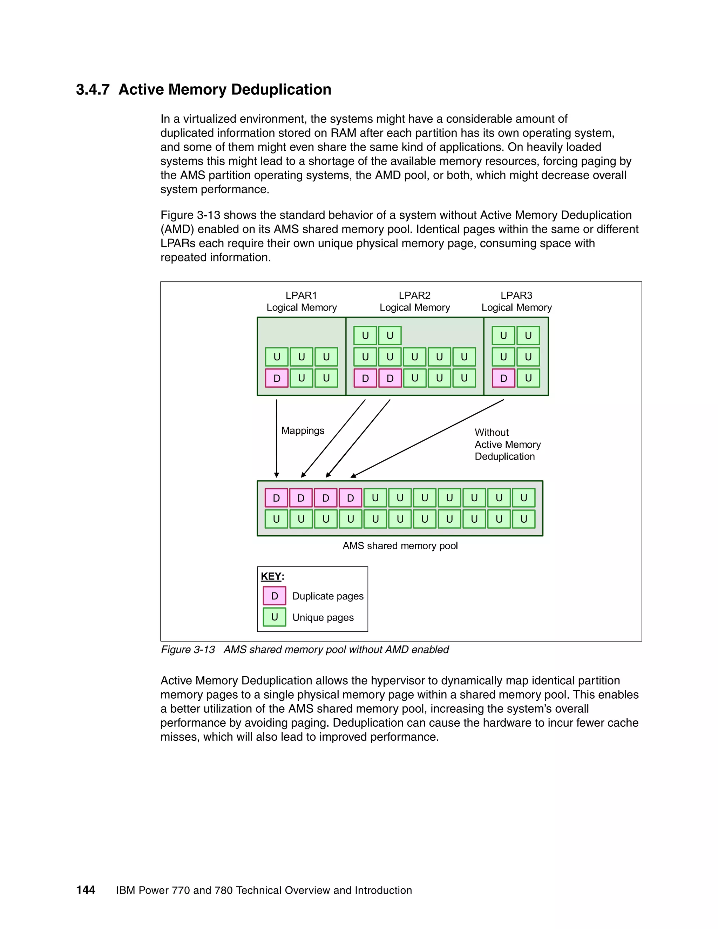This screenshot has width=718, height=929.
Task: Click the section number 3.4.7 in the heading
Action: click(93, 90)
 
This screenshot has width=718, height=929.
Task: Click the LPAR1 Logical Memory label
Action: click(301, 301)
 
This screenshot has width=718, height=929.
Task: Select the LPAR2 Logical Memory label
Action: click(414, 301)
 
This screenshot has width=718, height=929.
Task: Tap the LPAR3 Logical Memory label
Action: click(516, 301)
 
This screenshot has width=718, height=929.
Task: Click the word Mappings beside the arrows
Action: click(303, 430)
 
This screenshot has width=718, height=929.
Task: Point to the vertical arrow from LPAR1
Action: click(277, 438)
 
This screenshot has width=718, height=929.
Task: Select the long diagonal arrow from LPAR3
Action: click(427, 439)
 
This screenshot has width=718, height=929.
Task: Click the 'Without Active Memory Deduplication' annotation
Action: click(507, 445)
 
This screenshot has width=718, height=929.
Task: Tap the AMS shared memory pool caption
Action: click(400, 546)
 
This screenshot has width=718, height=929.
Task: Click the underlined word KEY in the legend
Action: click(271, 576)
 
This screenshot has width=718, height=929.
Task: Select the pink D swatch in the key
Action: click(275, 596)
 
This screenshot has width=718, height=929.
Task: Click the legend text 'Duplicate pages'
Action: click(327, 596)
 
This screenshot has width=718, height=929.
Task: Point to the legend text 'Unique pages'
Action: click(323, 618)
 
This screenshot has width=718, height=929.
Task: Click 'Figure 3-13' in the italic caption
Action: click(188, 650)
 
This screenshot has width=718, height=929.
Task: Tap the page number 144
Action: click(86, 890)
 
